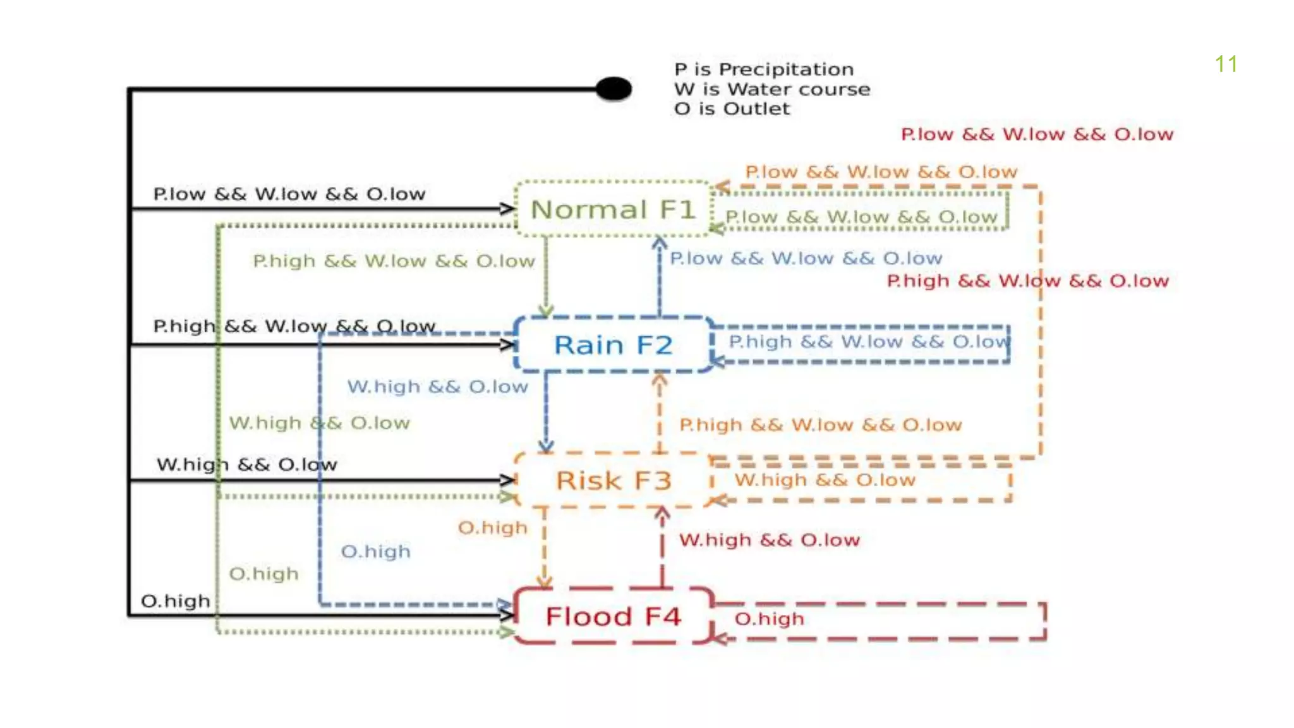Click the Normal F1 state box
(x=613, y=209)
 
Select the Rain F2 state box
(x=613, y=345)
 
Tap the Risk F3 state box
(x=613, y=480)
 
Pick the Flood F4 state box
(x=613, y=616)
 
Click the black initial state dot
(x=614, y=89)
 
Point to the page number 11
(x=1226, y=64)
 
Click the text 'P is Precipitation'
(x=763, y=69)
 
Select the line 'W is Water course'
(x=771, y=89)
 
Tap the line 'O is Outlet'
(x=732, y=109)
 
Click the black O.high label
(x=175, y=600)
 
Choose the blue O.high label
(x=375, y=552)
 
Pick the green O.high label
(x=263, y=574)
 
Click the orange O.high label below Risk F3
(x=492, y=528)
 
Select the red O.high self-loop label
(x=769, y=619)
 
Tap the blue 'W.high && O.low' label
(x=437, y=386)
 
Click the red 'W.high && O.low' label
(x=769, y=540)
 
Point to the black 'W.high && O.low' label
(x=246, y=464)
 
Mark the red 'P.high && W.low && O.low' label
(x=1027, y=281)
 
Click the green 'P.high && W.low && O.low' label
(x=394, y=261)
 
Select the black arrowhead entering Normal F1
(x=507, y=208)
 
